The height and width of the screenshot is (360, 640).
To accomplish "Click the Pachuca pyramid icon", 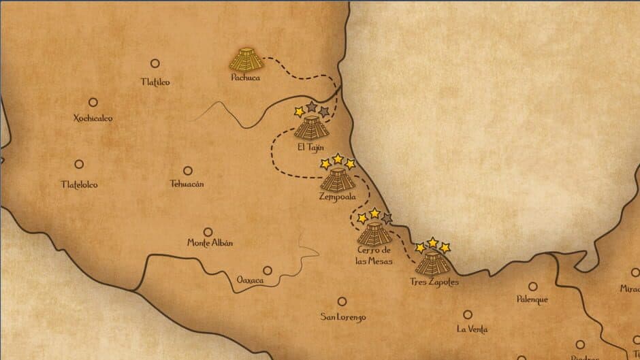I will [246, 59].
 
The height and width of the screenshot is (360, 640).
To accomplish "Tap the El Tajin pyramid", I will [311, 128].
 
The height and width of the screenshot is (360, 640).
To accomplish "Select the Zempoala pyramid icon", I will [337, 179].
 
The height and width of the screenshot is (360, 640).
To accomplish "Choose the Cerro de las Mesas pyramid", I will [374, 233].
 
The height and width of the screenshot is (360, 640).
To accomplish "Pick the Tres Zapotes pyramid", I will [432, 262].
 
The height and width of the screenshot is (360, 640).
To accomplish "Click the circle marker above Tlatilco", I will [155, 63].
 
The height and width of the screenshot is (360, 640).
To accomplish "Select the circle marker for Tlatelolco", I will [79, 164].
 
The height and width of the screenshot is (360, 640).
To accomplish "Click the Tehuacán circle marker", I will [187, 171].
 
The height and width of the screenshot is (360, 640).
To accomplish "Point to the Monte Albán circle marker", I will [208, 231].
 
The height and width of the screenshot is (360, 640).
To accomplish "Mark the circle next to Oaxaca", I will [268, 270].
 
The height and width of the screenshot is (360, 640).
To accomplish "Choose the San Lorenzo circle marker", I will [342, 301].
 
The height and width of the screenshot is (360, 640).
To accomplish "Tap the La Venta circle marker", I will [468, 314].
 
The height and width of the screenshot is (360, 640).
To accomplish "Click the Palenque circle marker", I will [532, 287].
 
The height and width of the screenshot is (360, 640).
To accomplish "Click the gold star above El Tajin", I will [298, 111].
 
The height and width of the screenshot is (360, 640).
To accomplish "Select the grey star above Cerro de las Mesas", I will [387, 218].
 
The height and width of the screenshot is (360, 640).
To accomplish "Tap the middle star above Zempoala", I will [338, 159].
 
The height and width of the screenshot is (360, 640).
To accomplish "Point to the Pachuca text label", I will [246, 78].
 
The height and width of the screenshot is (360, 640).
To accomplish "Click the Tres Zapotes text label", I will [434, 282].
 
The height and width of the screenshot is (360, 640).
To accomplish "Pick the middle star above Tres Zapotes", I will [432, 243].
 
